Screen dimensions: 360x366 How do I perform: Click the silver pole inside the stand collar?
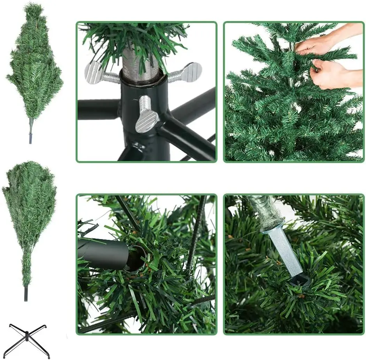[x=140, y=62]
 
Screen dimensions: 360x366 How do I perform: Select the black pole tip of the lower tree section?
[x=26, y=294]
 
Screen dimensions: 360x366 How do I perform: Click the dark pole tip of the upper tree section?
[x=30, y=138]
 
